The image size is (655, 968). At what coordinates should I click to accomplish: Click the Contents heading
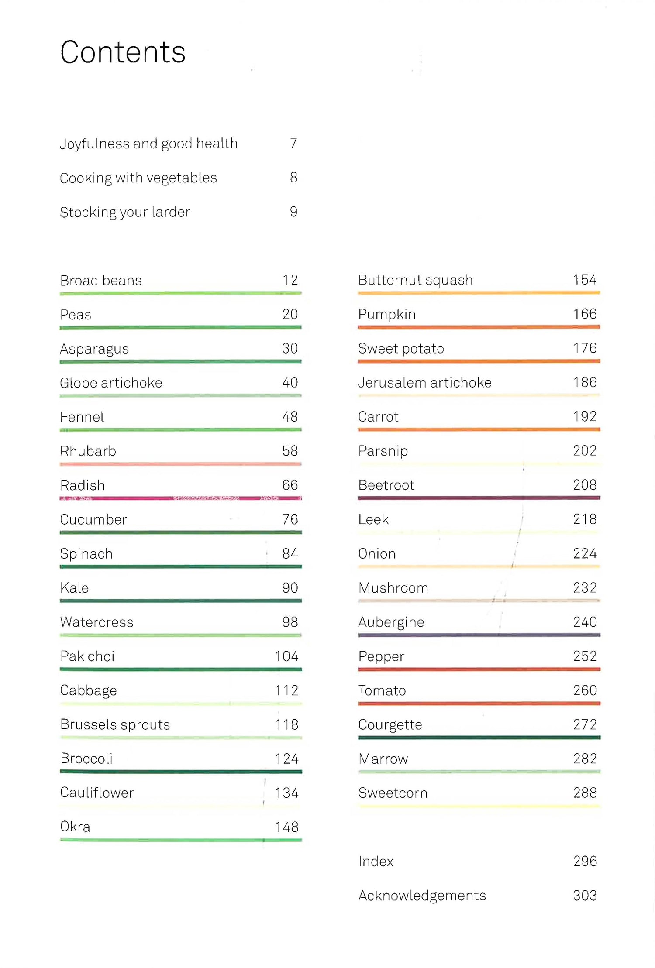pyautogui.click(x=123, y=52)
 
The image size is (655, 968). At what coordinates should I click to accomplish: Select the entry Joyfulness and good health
pyautogui.click(x=148, y=144)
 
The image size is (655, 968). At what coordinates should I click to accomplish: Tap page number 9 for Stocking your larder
pyautogui.click(x=293, y=212)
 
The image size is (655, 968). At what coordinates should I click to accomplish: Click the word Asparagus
pyautogui.click(x=94, y=349)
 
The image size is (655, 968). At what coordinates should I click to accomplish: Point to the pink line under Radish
pyautogui.click(x=180, y=498)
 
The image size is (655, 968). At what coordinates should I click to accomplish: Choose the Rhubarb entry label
pyautogui.click(x=88, y=451)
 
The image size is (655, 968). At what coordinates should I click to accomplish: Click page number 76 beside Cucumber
pyautogui.click(x=290, y=519)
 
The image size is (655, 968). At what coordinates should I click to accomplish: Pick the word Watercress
pyautogui.click(x=97, y=622)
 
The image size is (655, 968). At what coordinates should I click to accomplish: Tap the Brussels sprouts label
pyautogui.click(x=115, y=724)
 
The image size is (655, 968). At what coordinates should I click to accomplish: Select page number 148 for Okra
pyautogui.click(x=286, y=827)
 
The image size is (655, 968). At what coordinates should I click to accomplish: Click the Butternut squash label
pyautogui.click(x=415, y=280)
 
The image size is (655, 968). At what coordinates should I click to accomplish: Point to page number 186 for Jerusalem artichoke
pyautogui.click(x=585, y=382)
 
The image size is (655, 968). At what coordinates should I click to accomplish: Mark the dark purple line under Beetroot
pyautogui.click(x=479, y=498)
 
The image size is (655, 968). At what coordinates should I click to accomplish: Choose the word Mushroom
pyautogui.click(x=393, y=588)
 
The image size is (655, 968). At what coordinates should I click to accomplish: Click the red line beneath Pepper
pyautogui.click(x=479, y=669)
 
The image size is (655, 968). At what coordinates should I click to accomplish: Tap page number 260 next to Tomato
pyautogui.click(x=585, y=690)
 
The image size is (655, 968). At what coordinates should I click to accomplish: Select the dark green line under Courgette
pyautogui.click(x=479, y=738)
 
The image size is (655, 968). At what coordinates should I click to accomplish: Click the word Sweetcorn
pyautogui.click(x=393, y=793)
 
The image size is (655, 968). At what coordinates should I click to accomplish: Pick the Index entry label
pyautogui.click(x=376, y=862)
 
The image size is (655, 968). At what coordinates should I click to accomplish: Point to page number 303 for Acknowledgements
pyautogui.click(x=585, y=896)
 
